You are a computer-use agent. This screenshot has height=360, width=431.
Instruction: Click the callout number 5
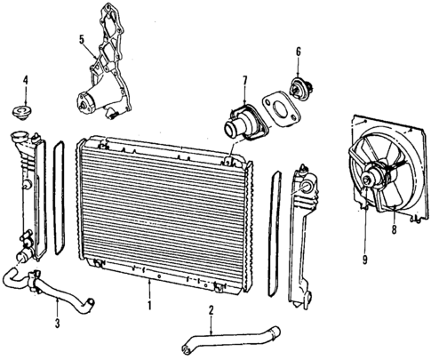point(82,40)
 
